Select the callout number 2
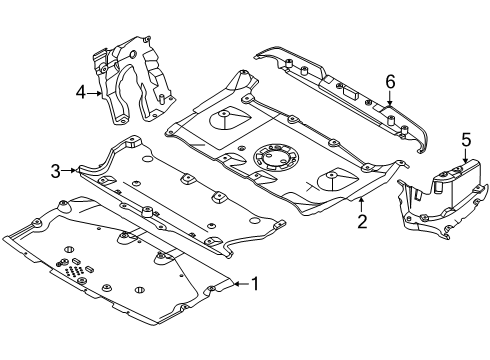(x=361, y=218)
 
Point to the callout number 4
(x=81, y=93)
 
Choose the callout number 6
(x=391, y=81)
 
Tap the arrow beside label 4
(x=97, y=93)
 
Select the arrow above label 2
(x=361, y=201)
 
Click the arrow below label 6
(x=391, y=100)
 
